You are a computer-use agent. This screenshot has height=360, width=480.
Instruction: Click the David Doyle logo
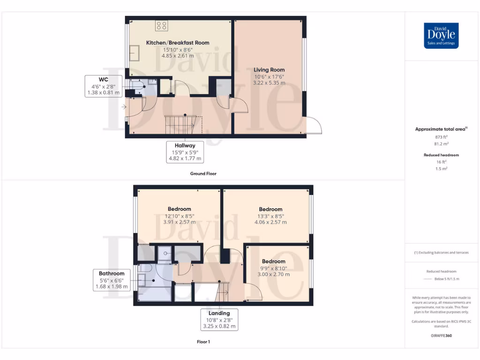pos(441,36)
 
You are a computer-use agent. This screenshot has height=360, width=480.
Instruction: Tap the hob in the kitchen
pos(162,26)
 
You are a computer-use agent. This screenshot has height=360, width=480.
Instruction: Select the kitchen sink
pos(135,52)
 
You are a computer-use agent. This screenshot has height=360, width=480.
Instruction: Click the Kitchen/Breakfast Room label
pos(178,43)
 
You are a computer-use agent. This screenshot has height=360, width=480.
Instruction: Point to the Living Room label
pos(270,70)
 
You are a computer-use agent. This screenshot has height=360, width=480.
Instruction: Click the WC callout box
pos(104,86)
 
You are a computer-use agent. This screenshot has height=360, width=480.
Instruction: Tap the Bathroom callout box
pos(112,280)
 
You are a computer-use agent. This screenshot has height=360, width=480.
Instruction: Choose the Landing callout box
pos(219,320)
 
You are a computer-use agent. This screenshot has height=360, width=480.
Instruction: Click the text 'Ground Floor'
pos(203,173)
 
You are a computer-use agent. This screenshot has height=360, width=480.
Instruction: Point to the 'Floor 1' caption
pos(203,342)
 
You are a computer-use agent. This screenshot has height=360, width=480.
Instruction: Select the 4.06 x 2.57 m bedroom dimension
pos(270,222)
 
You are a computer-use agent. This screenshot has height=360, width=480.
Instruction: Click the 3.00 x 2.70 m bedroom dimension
pos(274,274)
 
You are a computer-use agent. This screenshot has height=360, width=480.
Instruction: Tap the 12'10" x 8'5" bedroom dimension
pos(180,216)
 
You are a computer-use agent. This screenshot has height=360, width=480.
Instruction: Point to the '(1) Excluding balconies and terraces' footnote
pos(441,253)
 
